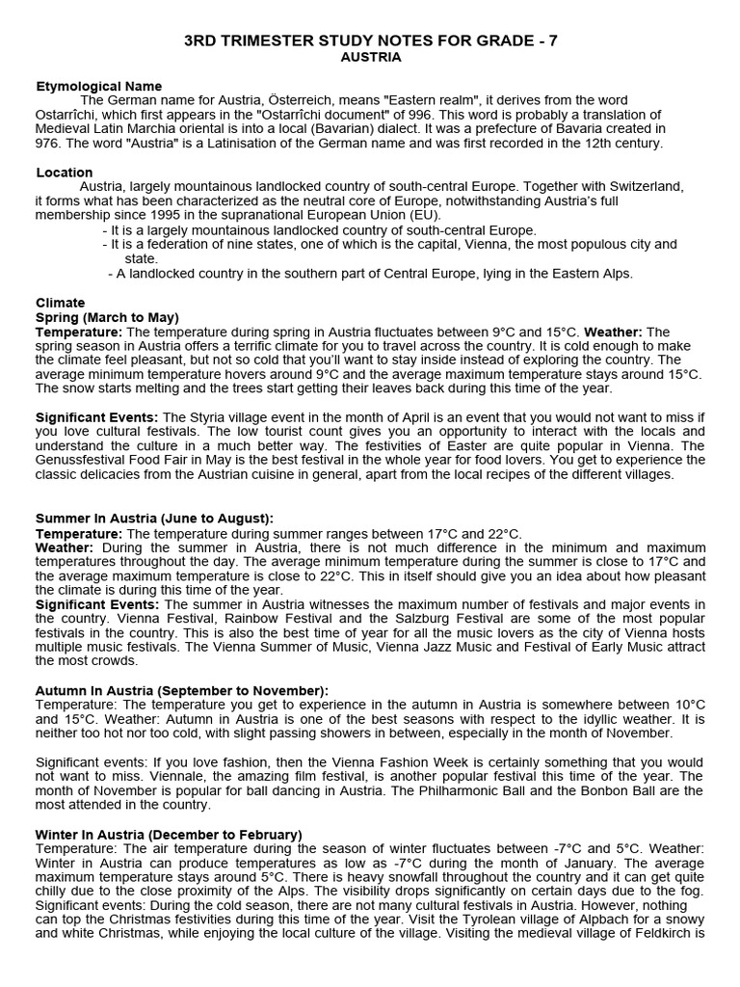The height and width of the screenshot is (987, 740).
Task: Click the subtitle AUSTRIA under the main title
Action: click(371, 57)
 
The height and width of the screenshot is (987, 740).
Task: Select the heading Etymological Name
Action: click(98, 86)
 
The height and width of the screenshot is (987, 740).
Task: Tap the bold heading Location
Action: click(65, 173)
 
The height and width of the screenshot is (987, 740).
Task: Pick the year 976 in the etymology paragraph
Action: click(49, 143)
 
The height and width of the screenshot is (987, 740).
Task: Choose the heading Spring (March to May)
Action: click(107, 317)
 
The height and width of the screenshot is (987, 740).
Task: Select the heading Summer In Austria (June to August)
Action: click(154, 518)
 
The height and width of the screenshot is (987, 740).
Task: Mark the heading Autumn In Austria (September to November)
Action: click(182, 690)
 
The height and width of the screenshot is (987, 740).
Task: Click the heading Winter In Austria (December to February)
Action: click(169, 834)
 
